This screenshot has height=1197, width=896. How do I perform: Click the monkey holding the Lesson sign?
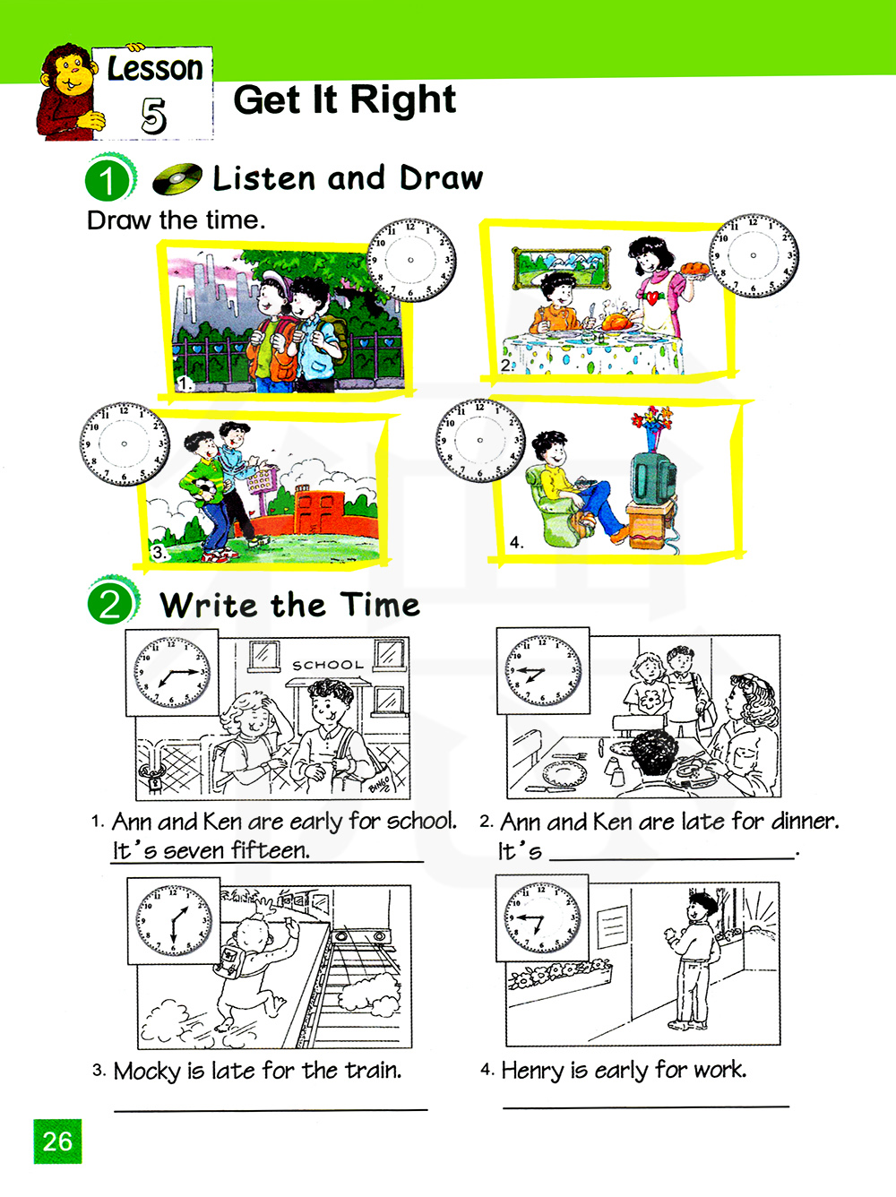click(x=68, y=92)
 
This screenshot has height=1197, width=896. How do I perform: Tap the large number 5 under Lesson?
click(x=153, y=116)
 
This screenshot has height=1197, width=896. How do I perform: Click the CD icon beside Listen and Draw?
click(x=177, y=178)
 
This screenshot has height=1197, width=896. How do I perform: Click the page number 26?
click(x=57, y=1141)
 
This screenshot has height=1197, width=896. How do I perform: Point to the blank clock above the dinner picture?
click(x=754, y=255)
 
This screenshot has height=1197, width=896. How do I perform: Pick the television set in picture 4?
click(x=654, y=477)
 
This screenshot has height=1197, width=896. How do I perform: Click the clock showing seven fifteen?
click(x=172, y=672)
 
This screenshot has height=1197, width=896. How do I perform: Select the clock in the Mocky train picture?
click(x=174, y=920)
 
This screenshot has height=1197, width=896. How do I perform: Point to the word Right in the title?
click(x=402, y=99)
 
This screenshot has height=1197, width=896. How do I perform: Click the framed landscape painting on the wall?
click(x=561, y=268)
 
